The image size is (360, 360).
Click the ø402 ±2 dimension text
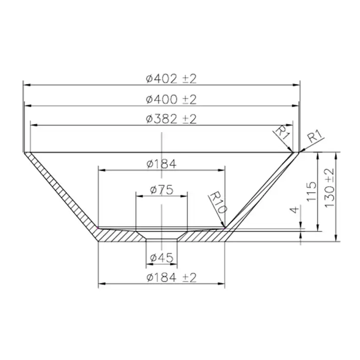pyautogui.click(x=172, y=79)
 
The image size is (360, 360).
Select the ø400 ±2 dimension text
pyautogui.click(x=172, y=100)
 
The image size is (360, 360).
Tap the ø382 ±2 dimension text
pyautogui.click(x=172, y=119)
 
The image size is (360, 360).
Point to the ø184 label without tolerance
pyautogui.click(x=161, y=164)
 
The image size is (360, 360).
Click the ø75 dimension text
pyautogui.click(x=161, y=190)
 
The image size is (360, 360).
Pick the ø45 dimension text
pyautogui.click(x=161, y=258)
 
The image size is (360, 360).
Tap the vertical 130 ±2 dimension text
pyautogui.click(x=329, y=188)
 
